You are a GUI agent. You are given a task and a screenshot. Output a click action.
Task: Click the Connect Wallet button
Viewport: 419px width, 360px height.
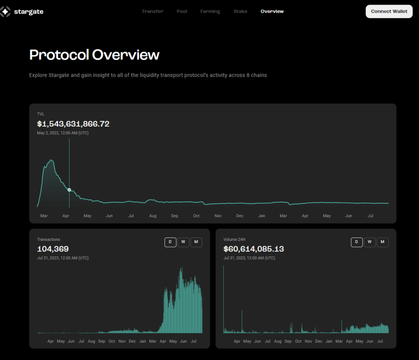pos(389,11)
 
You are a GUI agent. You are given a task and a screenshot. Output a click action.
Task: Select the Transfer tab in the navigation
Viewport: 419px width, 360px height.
pos(153,11)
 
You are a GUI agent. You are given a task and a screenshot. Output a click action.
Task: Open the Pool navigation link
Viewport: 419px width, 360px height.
pos(182,11)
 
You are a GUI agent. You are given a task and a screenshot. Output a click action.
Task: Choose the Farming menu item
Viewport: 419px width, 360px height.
pos(210,11)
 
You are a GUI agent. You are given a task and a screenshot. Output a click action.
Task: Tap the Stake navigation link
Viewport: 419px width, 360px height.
pos(240,11)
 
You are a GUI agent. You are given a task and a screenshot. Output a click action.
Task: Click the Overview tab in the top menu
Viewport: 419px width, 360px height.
pos(272,11)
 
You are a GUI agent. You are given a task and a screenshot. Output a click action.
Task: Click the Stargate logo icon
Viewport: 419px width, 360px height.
pos(5,12)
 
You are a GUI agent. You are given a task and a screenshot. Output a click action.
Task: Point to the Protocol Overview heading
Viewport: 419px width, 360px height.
pos(95,55)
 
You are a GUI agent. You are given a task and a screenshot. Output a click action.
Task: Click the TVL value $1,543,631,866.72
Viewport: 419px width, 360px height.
pos(73,124)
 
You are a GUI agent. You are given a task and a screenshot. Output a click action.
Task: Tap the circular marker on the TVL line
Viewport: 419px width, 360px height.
pos(69,190)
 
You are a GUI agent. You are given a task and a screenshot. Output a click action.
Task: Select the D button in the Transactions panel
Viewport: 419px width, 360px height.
pos(170,242)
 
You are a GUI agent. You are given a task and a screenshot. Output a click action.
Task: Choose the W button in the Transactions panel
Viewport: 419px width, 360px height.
pos(183,242)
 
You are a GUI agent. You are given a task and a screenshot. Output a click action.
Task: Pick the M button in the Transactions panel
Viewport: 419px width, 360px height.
pos(196,242)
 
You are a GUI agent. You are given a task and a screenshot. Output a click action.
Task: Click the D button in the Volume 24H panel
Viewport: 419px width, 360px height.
pos(356,242)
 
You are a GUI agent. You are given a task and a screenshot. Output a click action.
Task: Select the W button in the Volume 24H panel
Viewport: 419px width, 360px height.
pos(369,242)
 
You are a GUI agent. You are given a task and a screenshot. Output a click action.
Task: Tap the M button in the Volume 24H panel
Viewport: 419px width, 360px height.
pos(383,242)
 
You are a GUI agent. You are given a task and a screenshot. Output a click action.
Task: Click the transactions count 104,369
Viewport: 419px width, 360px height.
pos(53,249)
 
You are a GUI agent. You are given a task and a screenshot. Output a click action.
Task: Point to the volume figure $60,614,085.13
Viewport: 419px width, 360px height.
pos(254,249)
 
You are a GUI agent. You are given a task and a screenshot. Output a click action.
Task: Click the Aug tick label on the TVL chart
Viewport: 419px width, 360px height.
pos(153,216)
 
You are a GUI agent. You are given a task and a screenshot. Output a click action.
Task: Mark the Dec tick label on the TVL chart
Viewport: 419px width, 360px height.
pos(240,216)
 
